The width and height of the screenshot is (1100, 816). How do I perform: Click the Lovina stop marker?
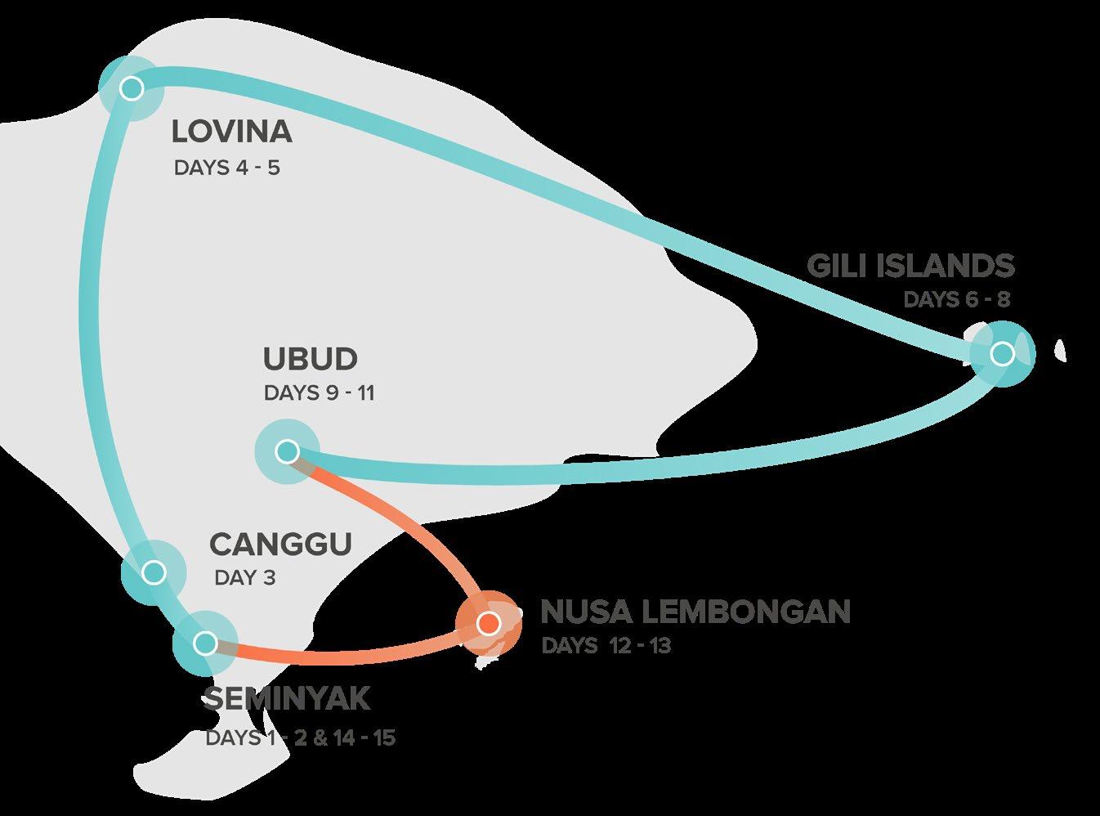pyautogui.click(x=131, y=87)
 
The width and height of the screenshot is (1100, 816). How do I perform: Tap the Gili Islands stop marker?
pyautogui.click(x=1002, y=353)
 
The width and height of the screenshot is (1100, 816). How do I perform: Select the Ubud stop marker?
pyautogui.click(x=287, y=451)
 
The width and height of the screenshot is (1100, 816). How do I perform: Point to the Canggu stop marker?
pyautogui.click(x=153, y=572)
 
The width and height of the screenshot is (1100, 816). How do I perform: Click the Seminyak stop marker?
pyautogui.click(x=206, y=643)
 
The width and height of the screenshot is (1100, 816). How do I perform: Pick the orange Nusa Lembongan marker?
pyautogui.click(x=488, y=624)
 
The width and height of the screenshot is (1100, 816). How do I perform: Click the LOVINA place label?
pyautogui.click(x=231, y=131)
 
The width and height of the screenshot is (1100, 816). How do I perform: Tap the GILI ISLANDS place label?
pyautogui.click(x=910, y=266)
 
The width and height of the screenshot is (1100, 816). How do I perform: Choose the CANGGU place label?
pyautogui.click(x=280, y=544)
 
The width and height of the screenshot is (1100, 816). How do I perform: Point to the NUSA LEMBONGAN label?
pyautogui.click(x=695, y=612)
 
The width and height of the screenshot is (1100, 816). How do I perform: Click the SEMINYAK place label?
pyautogui.click(x=287, y=699)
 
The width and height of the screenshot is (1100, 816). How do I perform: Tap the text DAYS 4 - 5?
pyautogui.click(x=226, y=168)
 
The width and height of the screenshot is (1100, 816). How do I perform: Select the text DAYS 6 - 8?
pyautogui.click(x=956, y=299)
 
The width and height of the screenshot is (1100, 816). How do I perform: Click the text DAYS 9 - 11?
pyautogui.click(x=319, y=393)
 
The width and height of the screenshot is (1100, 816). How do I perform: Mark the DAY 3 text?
pyautogui.click(x=245, y=578)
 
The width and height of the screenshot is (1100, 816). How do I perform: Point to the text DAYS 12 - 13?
pyautogui.click(x=606, y=646)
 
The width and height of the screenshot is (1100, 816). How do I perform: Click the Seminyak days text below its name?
pyautogui.click(x=300, y=738)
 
